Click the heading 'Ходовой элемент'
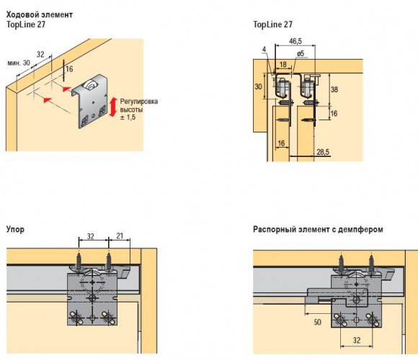coord(40,14)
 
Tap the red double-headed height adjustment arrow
coord(113,107)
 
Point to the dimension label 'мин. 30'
coord(19,63)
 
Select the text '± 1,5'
coord(128,117)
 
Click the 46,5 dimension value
coord(295,41)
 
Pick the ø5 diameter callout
coord(301,53)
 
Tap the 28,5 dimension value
coord(323,152)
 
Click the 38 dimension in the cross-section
coord(334,89)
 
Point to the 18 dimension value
coord(283,64)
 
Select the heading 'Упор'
coord(15,229)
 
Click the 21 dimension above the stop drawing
coord(120,235)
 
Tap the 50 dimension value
coord(317,322)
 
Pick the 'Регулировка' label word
coord(139,102)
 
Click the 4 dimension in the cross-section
coord(264,49)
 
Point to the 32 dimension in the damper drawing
coord(357,340)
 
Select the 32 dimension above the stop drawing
coord(91,236)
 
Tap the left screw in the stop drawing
coord(79,262)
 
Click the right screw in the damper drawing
coord(372,264)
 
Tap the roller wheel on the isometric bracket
coord(89,86)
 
